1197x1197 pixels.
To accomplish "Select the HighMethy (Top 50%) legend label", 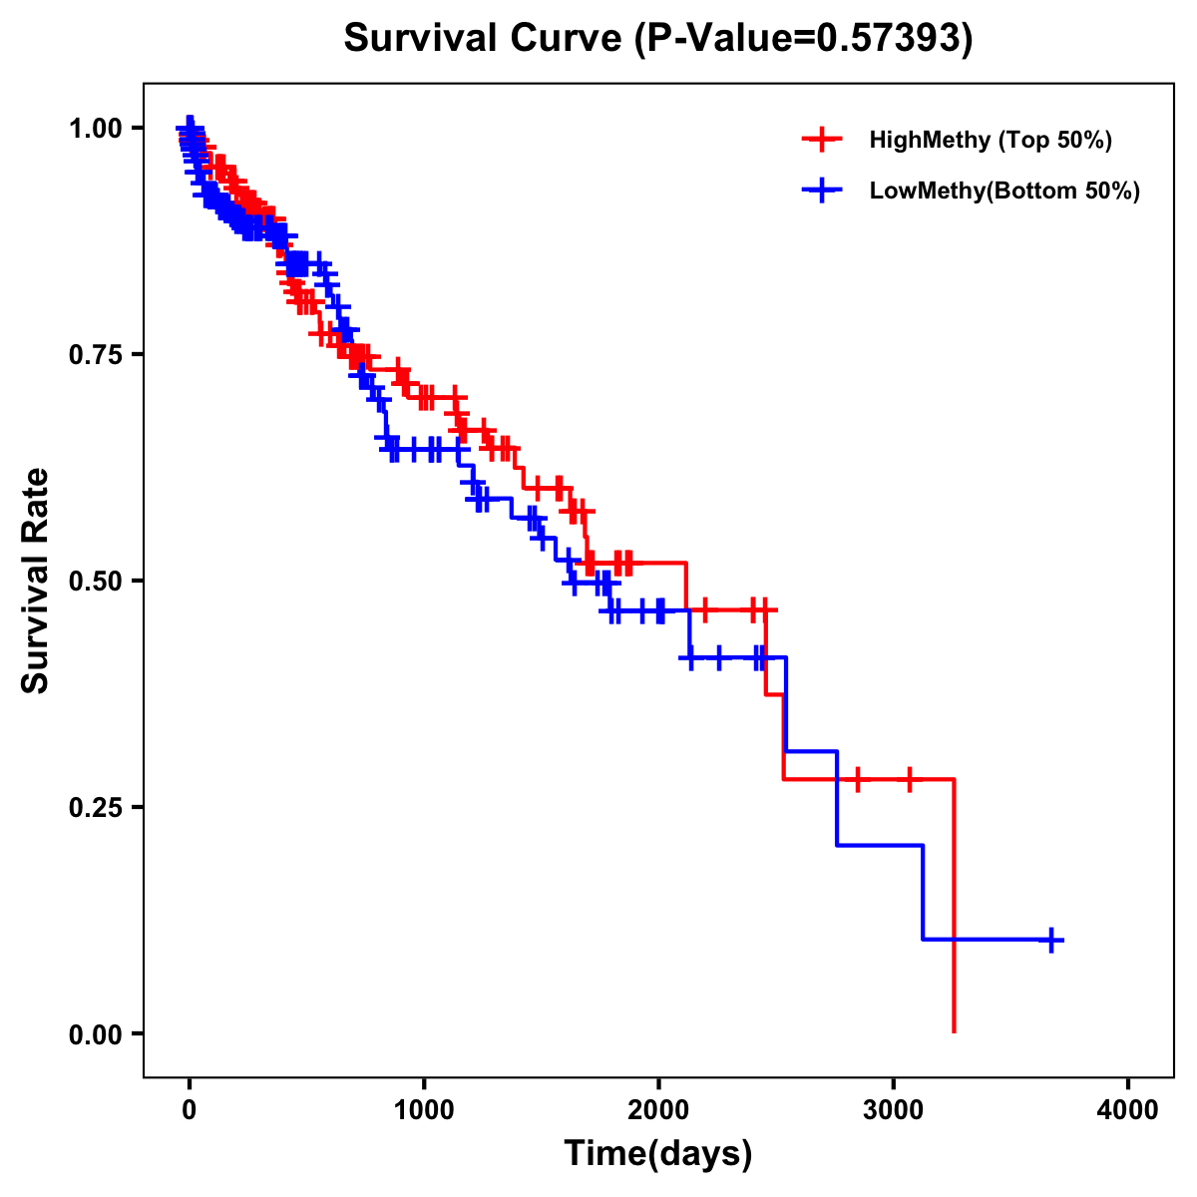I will pyautogui.click(x=991, y=140).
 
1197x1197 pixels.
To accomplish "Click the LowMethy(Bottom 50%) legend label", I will pyautogui.click(x=1004, y=191).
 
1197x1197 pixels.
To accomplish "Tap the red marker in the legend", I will pyautogui.click(x=822, y=140).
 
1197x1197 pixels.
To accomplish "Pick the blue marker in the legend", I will pyautogui.click(x=822, y=191).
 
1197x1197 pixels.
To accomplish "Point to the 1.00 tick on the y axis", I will pyautogui.click(x=96, y=128).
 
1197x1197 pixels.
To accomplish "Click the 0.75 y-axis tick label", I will pyautogui.click(x=96, y=354).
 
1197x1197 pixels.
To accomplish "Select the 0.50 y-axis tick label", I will pyautogui.click(x=96, y=581).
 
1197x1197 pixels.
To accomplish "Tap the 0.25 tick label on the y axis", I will pyautogui.click(x=96, y=807).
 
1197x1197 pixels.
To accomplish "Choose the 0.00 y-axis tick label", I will pyautogui.click(x=96, y=1033).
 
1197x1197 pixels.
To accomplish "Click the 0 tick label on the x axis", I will pyautogui.click(x=189, y=1110).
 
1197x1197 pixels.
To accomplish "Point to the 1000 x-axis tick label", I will pyautogui.click(x=424, y=1110).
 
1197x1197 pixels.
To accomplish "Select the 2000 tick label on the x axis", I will pyautogui.click(x=658, y=1110).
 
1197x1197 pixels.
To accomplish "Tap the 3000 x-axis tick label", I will pyautogui.click(x=894, y=1110).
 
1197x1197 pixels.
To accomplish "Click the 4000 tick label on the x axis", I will pyautogui.click(x=1128, y=1110).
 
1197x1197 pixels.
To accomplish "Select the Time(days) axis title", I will pyautogui.click(x=658, y=1154).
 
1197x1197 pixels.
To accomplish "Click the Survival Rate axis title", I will pyautogui.click(x=36, y=581).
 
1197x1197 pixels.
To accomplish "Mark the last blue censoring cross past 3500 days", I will pyautogui.click(x=1051, y=940).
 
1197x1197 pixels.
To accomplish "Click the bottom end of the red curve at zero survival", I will pyautogui.click(x=955, y=1030).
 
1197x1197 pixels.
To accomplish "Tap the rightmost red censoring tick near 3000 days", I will pyautogui.click(x=910, y=779).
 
